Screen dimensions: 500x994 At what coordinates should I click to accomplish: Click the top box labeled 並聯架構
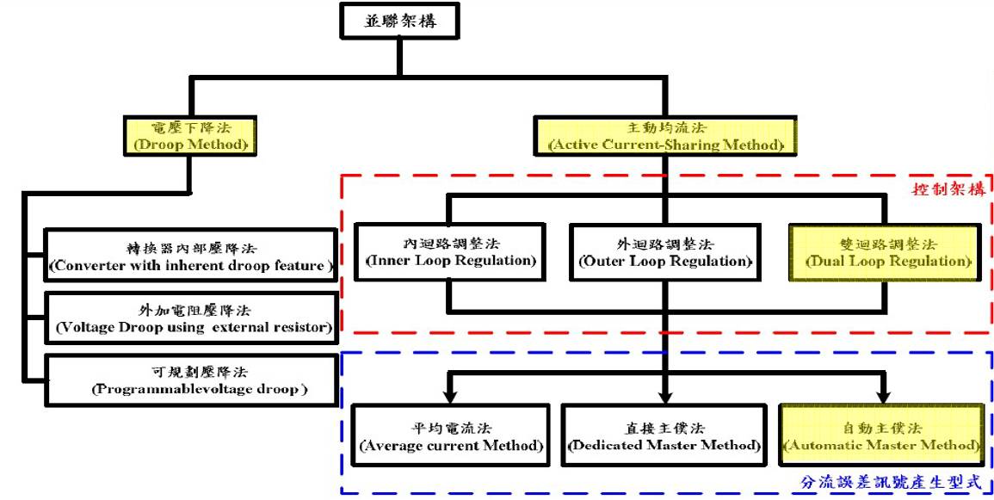point(398,20)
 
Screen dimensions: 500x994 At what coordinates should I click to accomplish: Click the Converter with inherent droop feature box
point(188,256)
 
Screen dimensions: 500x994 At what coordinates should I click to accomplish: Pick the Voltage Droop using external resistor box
point(188,318)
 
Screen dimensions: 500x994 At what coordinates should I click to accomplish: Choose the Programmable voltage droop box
point(188,380)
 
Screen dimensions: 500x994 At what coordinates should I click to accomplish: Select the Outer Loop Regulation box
point(664,252)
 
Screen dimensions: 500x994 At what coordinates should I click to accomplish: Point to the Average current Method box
point(450,436)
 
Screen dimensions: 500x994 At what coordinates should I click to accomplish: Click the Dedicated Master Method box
point(664,436)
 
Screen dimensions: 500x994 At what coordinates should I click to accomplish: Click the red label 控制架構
point(948,186)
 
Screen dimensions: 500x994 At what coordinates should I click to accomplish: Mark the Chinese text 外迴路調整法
point(664,244)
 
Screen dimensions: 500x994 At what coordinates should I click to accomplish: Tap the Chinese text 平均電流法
point(450,428)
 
